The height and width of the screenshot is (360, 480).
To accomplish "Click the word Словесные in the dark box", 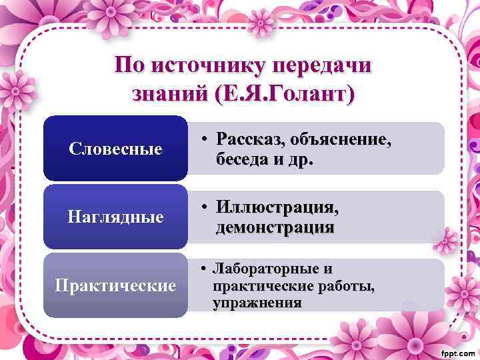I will pos(115,149).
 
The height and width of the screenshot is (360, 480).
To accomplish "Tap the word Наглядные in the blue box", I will pos(115,217).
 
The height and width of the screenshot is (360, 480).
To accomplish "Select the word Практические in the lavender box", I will pos(115,285).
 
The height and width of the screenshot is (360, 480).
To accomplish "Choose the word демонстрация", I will pos(275,228).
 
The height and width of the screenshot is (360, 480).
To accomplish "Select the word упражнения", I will pos(257,303).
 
